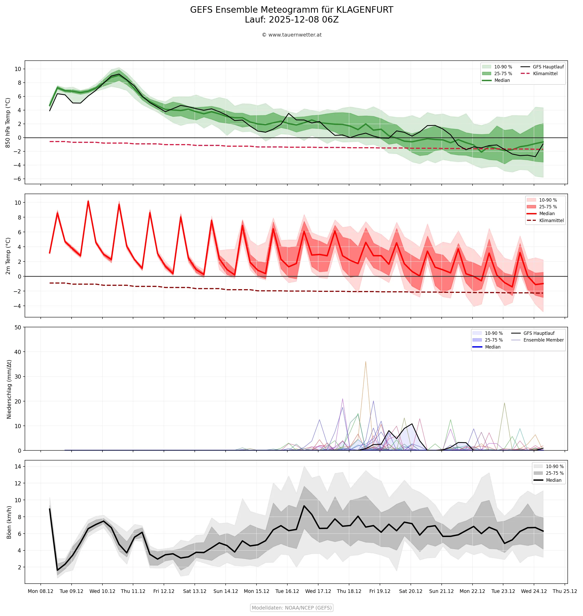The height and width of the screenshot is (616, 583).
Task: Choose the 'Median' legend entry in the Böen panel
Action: pos(553,480)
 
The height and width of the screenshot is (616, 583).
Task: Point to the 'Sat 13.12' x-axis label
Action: pos(195,591)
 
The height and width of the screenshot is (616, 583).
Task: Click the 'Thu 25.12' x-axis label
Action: pos(564,591)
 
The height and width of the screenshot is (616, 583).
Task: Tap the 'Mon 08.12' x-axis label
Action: pos(40,591)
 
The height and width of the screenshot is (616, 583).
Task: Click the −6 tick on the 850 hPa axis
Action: pos(17,179)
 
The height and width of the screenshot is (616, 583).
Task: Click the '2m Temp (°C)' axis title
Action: pos(8,256)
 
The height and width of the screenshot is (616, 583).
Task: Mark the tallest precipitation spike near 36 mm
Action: pos(365,362)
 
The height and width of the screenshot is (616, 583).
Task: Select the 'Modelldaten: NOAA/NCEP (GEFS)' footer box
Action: pos(291,608)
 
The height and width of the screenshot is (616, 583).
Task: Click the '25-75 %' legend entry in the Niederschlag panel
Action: pos(494,340)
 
